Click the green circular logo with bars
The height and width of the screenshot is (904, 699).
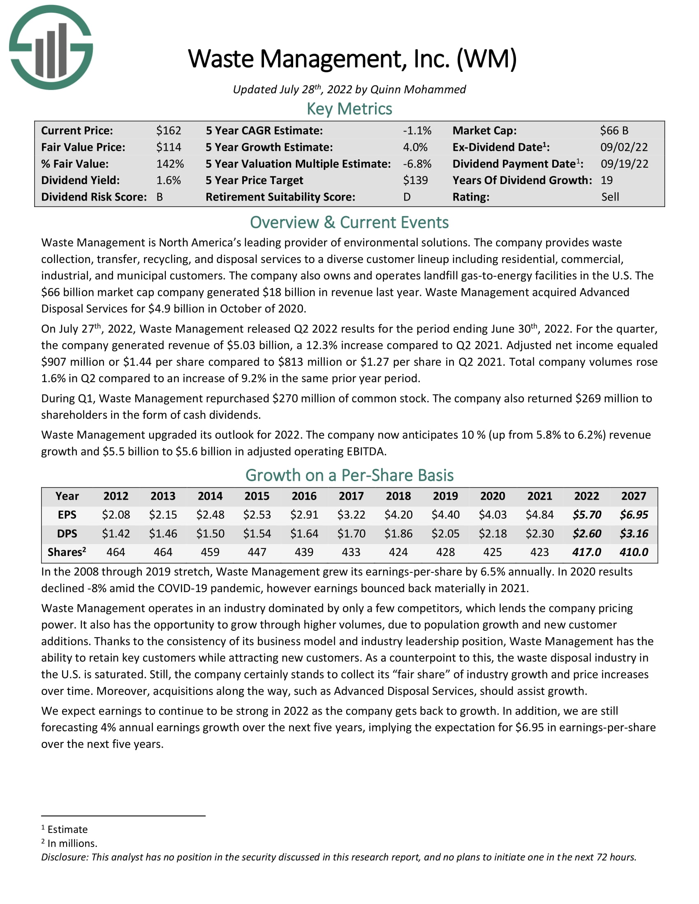pos(51,47)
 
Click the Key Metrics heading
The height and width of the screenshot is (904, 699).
pos(349,109)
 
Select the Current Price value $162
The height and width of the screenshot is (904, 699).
pos(169,131)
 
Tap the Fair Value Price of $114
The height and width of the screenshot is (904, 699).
pos(169,148)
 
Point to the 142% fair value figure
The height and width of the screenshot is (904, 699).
pos(170,164)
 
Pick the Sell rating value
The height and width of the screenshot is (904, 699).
pos(610,197)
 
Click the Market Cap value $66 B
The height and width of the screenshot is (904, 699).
pos(614,131)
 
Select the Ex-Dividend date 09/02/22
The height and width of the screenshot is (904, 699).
pos(624,148)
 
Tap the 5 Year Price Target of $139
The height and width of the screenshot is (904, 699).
pos(415,180)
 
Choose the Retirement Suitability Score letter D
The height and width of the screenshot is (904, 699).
pos(407,197)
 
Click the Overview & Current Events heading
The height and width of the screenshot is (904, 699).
pos(349,223)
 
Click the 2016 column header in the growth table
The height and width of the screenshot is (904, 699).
pos(304,496)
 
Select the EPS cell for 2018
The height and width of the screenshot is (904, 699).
pos(398,515)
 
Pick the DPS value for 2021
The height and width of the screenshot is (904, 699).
pos(539,533)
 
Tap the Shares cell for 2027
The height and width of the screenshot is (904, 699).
pos(634,552)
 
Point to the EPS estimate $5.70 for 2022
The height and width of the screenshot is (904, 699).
pos(586,515)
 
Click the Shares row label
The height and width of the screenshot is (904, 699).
pos(67,552)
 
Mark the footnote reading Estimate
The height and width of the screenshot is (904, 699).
pos(67,830)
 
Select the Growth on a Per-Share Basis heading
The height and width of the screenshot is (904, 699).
pos(349,475)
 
